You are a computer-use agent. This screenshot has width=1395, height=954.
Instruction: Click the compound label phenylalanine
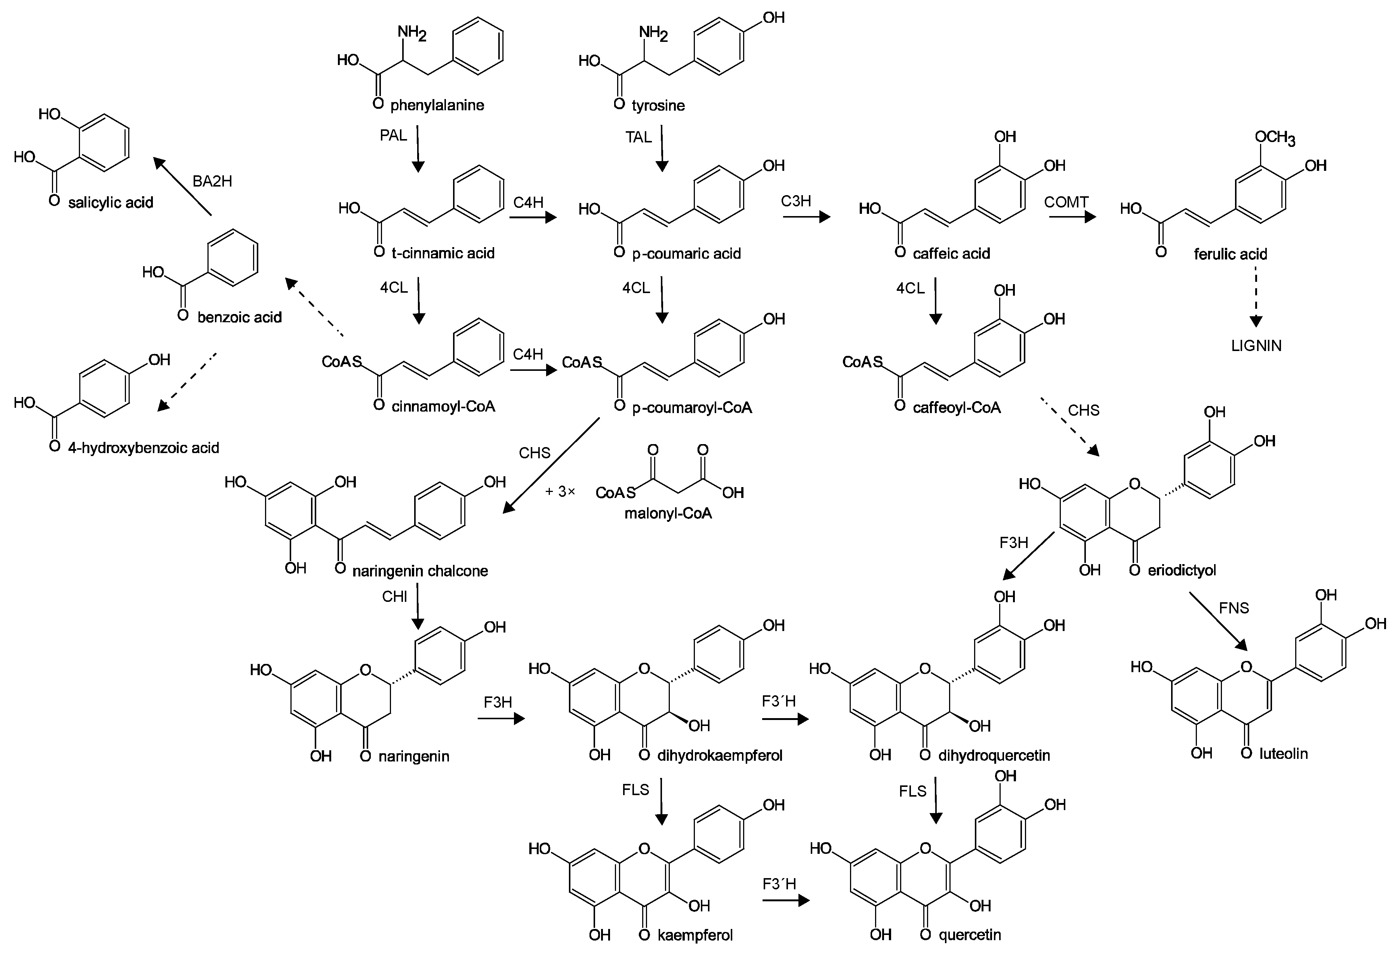[x=437, y=106]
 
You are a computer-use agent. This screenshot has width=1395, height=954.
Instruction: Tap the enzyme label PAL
[x=393, y=136]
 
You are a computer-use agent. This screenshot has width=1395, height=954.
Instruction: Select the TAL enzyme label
[x=638, y=138]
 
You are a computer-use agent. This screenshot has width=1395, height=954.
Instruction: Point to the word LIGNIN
[x=1256, y=346]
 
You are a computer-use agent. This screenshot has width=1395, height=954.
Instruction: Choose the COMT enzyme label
[x=1066, y=202]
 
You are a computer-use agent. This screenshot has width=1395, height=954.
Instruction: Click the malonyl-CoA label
[x=668, y=513]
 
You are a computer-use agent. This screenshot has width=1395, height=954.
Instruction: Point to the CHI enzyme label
[x=394, y=597]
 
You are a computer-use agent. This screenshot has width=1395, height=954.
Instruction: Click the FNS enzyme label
[x=1234, y=608]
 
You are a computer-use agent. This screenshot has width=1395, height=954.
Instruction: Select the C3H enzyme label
[x=795, y=201]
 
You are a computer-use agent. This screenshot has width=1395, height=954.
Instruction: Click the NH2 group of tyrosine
[x=653, y=33]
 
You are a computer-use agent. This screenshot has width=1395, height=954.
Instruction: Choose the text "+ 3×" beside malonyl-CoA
[x=560, y=492]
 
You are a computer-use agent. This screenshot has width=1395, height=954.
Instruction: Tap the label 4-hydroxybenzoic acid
[x=144, y=448]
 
